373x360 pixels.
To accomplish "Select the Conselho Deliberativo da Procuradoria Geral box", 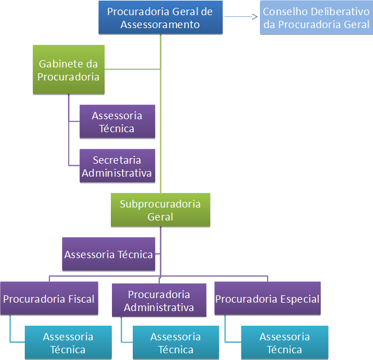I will [x=316, y=17].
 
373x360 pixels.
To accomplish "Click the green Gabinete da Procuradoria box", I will [x=68, y=70].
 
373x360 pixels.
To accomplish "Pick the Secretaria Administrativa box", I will [x=117, y=166].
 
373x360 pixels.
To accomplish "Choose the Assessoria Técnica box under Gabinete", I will [x=117, y=122].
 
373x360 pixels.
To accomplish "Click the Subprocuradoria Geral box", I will [x=160, y=210].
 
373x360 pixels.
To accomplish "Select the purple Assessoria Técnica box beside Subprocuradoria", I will [x=109, y=255].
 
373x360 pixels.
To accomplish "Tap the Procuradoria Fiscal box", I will [x=48, y=299].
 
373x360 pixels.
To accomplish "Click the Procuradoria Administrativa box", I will [x=159, y=300].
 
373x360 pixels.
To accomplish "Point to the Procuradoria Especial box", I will [x=267, y=299].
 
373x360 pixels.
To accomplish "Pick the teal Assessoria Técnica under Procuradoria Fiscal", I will [x=68, y=343].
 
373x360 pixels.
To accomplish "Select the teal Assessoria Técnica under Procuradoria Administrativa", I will [x=176, y=343].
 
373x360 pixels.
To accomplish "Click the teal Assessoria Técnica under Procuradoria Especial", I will [x=284, y=343].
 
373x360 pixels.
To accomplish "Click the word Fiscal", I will [x=81, y=299].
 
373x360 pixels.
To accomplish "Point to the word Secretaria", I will [x=116, y=160].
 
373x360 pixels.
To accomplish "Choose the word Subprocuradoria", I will [x=160, y=204].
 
